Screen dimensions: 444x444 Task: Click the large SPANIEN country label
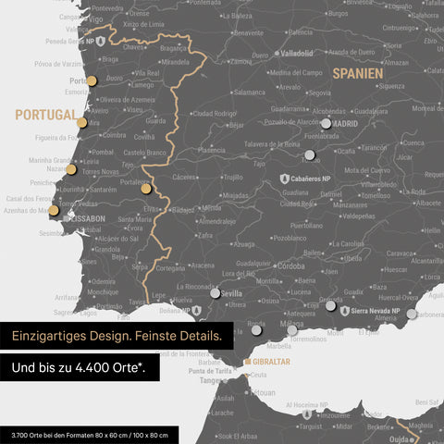(361, 71)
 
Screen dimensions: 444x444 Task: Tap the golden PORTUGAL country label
(44, 115)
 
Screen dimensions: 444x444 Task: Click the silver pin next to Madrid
(325, 123)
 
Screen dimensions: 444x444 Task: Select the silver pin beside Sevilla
(216, 293)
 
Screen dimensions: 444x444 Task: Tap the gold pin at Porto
(91, 80)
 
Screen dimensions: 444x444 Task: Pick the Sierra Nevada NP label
(376, 312)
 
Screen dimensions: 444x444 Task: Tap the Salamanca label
(249, 92)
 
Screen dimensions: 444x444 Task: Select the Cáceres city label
(184, 177)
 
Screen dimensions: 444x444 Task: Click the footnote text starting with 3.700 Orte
(91, 434)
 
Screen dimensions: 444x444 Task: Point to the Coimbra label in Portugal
(114, 134)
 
